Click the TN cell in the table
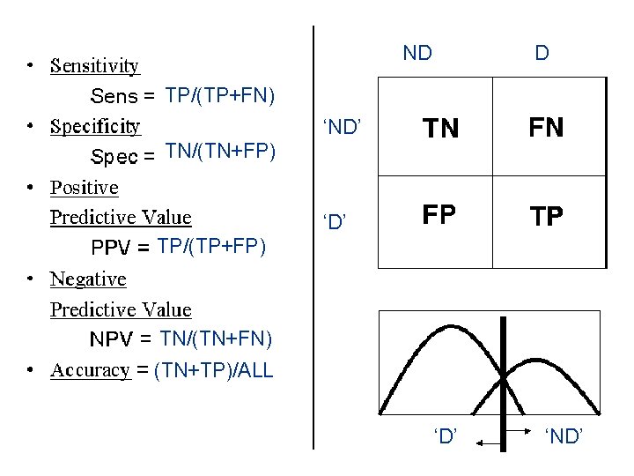click(441, 129)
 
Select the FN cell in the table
click(546, 128)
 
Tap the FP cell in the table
click(439, 216)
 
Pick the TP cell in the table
click(546, 217)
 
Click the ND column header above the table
click(417, 53)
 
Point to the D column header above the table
click(542, 53)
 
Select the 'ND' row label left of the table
click(343, 129)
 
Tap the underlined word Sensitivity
click(95, 65)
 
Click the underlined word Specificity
click(95, 126)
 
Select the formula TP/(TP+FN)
click(220, 94)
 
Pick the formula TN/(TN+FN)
click(217, 338)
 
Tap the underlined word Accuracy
click(91, 370)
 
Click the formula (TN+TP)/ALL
click(213, 370)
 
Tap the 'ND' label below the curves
click(564, 435)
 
